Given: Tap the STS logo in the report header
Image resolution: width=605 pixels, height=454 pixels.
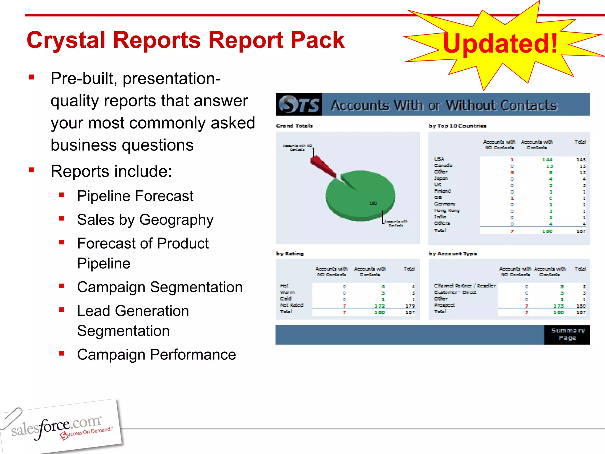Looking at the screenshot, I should pyautogui.click(x=299, y=105).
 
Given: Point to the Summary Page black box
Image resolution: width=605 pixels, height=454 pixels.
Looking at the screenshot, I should pyautogui.click(x=567, y=335).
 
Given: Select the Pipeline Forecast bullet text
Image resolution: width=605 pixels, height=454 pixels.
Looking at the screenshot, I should pyautogui.click(x=135, y=196).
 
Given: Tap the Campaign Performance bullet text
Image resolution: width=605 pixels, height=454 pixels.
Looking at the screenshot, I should pyautogui.click(x=156, y=354).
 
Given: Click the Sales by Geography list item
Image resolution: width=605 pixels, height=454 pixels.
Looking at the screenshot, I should pyautogui.click(x=145, y=220).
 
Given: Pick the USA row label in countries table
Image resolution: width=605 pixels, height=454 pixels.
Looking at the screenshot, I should pyautogui.click(x=439, y=159).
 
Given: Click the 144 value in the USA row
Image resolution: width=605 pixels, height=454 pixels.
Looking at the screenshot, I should pyautogui.click(x=547, y=160).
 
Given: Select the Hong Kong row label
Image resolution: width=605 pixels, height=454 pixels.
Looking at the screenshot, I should pyautogui.click(x=447, y=210).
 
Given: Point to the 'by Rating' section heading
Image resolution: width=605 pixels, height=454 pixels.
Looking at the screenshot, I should pyautogui.click(x=290, y=254).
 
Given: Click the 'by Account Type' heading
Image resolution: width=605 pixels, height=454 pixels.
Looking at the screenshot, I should pyautogui.click(x=453, y=254).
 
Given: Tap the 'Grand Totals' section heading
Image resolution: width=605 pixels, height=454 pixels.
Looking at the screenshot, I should pyautogui.click(x=294, y=126).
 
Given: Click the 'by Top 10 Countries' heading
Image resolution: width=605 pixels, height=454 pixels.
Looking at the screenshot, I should pyautogui.click(x=457, y=126).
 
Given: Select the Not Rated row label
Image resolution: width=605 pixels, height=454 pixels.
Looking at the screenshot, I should pyautogui.click(x=292, y=305).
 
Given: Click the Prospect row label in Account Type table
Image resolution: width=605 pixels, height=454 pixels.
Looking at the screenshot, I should pyautogui.click(x=444, y=305).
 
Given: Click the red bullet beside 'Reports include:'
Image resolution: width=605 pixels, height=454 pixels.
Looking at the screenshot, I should pyautogui.click(x=32, y=170).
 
